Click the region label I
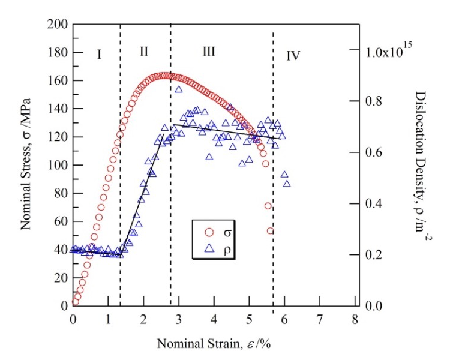[99, 55]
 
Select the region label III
[208, 52]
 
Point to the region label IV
[293, 56]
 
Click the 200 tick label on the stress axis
[57, 25]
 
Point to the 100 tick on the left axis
[57, 165]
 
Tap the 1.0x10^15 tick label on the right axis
[386, 52]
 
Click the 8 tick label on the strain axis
[356, 318]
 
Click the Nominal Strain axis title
[217, 343]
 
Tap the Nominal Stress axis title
[27, 165]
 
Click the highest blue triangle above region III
[179, 89]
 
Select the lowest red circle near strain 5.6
[271, 231]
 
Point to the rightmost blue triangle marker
[287, 183]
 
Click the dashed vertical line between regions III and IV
[274, 180]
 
